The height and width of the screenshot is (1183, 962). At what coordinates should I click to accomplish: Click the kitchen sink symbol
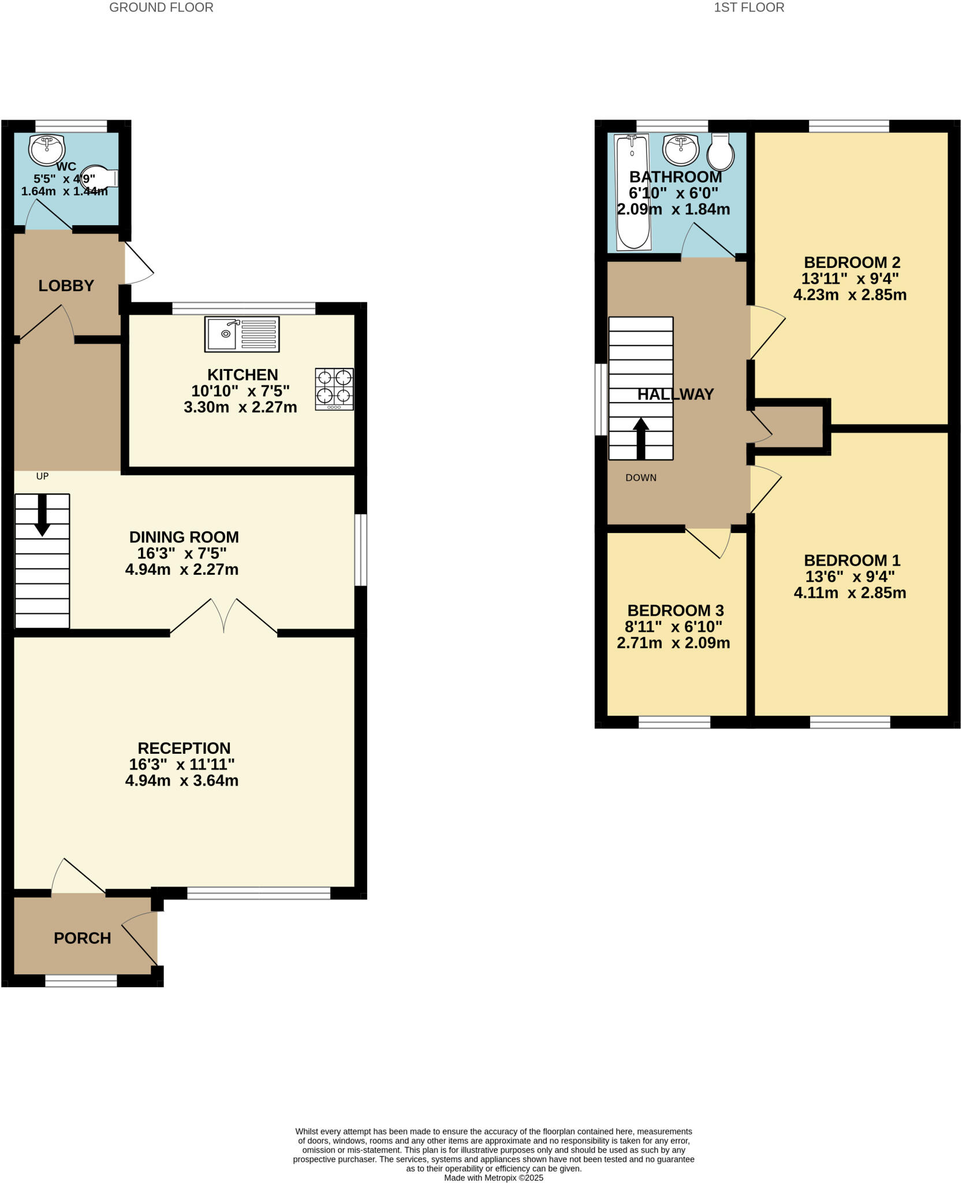pos(242,334)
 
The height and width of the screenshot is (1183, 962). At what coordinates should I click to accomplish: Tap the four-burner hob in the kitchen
pos(334,389)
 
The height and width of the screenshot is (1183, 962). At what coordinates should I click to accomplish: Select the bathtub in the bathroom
pos(632,192)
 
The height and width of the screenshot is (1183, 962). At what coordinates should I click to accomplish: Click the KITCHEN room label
pos(243,374)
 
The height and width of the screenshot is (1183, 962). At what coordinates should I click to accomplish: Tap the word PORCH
pos(83,938)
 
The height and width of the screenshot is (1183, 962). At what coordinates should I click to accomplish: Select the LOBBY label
pos(66,285)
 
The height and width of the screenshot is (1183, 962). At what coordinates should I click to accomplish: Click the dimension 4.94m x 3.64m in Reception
pos(182,781)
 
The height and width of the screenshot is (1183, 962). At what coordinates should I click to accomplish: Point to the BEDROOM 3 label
pos(675,611)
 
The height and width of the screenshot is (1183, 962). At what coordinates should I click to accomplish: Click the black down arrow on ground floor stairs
pos(42,515)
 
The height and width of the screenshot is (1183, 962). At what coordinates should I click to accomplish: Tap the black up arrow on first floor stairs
pos(640,438)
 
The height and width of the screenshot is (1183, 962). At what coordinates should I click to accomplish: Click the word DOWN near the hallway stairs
pos(640,478)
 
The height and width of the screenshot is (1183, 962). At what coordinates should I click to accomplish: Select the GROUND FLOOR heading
pos(161,8)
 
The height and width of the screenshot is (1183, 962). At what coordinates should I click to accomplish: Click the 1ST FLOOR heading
pos(749,8)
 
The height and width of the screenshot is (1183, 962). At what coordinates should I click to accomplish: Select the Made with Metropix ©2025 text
pos(494,1178)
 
